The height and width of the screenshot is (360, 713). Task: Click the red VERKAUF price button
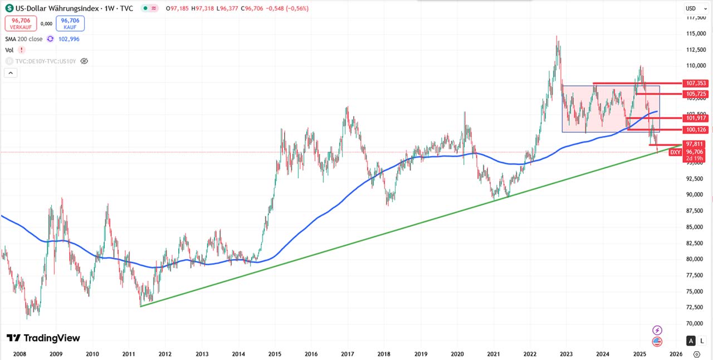tap(21, 23)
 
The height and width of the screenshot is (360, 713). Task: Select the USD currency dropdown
tap(691, 8)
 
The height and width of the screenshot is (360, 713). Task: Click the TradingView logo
tap(43, 338)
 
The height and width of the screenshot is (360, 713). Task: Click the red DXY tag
tap(675, 152)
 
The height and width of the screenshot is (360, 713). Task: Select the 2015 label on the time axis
tap(275, 354)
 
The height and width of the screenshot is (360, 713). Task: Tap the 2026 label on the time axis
tap(676, 354)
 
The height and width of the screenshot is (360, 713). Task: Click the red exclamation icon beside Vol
tap(22, 50)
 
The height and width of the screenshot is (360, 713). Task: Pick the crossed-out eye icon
tap(84, 61)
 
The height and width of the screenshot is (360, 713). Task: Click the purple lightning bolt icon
tap(657, 330)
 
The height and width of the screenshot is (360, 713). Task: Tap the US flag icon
tap(657, 342)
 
